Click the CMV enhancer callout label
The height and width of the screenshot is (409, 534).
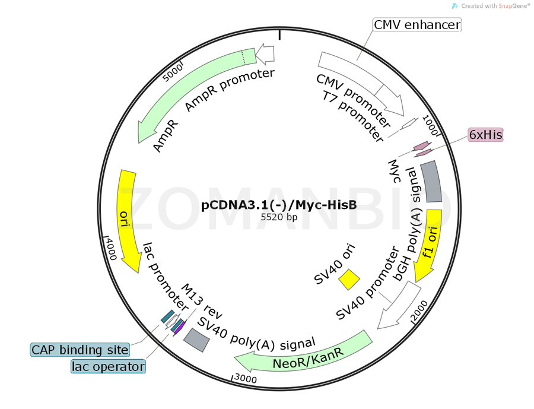tap(417, 24)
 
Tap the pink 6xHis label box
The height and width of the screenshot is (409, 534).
tap(485, 135)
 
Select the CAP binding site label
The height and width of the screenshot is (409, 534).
tap(80, 350)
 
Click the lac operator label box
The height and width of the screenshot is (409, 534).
tap(108, 367)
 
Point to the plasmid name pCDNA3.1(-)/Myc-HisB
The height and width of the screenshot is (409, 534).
tap(279, 205)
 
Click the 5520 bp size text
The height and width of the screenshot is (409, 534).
tap(279, 217)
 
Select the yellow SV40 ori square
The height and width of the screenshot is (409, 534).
tap(349, 280)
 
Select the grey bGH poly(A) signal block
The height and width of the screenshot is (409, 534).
tap(431, 182)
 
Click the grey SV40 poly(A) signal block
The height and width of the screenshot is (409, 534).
tap(196, 340)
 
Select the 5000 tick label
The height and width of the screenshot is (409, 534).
tap(173, 74)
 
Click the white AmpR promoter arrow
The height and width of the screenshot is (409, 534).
tap(266, 55)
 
